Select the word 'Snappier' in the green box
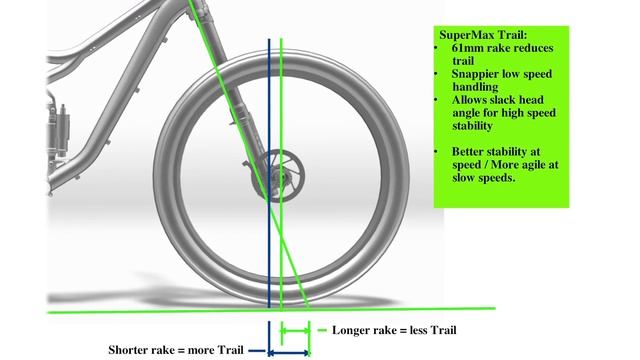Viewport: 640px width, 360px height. [473, 75]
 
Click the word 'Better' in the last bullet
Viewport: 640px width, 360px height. [469, 152]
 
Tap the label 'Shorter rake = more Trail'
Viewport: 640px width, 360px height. [175, 349]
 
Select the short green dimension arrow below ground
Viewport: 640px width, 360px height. [296, 330]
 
